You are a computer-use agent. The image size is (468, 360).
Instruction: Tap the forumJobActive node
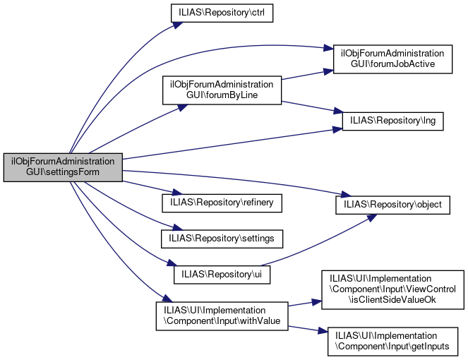[392, 58]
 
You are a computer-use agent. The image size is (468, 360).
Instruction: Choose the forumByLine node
[222, 90]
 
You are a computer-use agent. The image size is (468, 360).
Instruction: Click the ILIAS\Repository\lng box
[392, 121]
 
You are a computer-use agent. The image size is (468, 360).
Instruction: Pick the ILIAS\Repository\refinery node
[222, 203]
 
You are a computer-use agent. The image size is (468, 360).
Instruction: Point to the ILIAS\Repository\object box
[392, 205]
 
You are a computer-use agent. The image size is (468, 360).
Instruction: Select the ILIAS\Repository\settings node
[222, 239]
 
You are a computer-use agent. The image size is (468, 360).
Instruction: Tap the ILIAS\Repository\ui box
[222, 272]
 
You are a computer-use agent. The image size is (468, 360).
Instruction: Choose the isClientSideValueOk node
[392, 289]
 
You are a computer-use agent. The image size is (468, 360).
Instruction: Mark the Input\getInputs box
[392, 341]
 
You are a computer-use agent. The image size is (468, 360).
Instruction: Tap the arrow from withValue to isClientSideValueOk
[304, 303]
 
